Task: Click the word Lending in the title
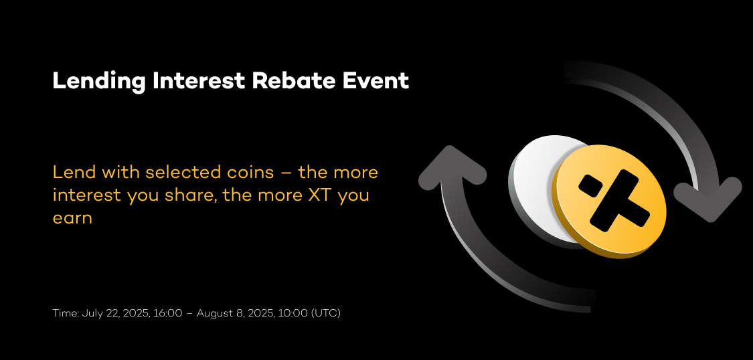point(99,82)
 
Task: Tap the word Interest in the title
point(199,80)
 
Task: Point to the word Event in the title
point(375,80)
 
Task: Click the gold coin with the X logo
point(609,201)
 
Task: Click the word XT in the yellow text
point(321,195)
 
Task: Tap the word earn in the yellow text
point(72,218)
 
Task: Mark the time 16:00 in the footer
point(167,313)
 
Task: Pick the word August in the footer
point(214,314)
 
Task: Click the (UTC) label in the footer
point(326,313)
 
